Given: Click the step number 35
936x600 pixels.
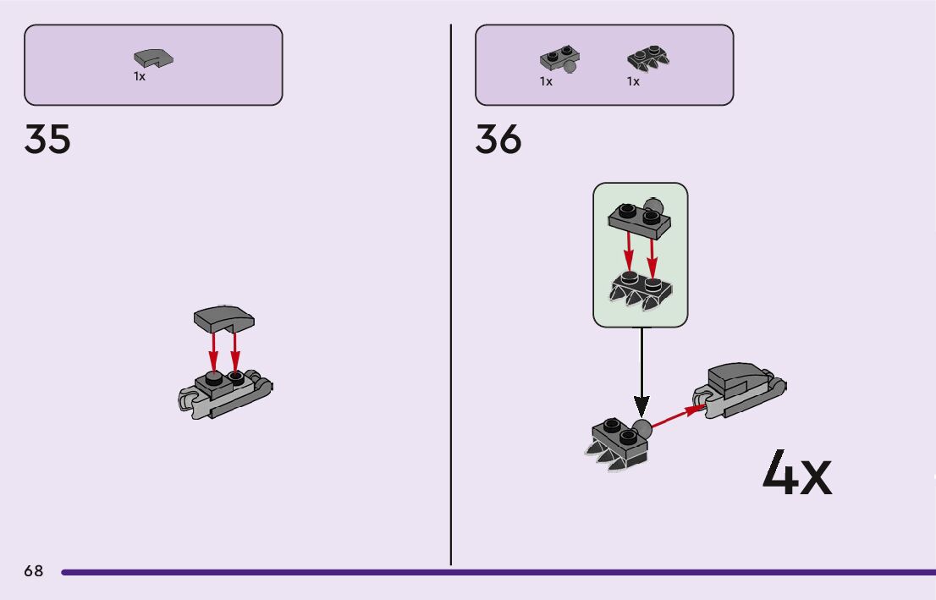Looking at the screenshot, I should coord(47,140).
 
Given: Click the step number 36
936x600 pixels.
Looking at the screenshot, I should coord(498,140).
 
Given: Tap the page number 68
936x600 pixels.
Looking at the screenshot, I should coord(34,571).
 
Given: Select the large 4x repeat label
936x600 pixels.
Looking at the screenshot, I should coord(796,474).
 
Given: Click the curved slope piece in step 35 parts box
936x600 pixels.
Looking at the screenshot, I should coord(153,58).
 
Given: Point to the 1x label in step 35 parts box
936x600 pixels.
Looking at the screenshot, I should coord(140,77).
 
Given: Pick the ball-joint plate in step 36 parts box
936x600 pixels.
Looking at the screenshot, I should coord(559,60).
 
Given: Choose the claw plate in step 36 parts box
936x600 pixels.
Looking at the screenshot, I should coord(648,58).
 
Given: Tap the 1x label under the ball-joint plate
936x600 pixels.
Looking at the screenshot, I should coord(546,82).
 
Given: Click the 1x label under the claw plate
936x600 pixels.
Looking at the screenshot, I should coord(633,82).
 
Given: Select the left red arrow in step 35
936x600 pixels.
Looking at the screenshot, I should coord(214,349).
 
